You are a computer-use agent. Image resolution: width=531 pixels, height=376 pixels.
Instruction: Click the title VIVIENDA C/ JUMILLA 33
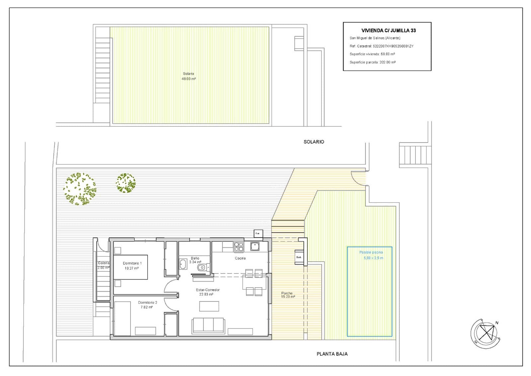(x=388, y=31)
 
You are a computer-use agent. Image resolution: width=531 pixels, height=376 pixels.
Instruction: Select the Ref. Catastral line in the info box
(x=381, y=46)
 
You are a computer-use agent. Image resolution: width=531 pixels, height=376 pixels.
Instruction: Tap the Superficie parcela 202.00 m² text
(x=372, y=62)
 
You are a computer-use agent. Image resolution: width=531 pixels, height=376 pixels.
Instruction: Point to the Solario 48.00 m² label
(x=189, y=76)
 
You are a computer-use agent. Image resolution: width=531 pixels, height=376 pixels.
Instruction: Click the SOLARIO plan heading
(x=314, y=142)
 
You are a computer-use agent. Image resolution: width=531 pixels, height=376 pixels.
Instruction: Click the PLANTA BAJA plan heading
(x=332, y=354)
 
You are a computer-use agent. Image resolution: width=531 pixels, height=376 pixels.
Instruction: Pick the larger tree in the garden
(x=80, y=189)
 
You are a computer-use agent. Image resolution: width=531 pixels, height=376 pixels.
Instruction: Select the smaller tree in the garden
(x=125, y=183)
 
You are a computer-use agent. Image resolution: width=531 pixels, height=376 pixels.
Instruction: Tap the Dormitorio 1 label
(x=132, y=263)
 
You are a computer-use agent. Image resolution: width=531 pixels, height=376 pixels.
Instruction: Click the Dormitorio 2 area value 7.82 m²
(x=146, y=308)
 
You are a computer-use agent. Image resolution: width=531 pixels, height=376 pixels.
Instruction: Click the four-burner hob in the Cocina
(x=239, y=247)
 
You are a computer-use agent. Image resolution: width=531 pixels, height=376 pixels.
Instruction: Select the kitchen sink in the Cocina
(x=255, y=246)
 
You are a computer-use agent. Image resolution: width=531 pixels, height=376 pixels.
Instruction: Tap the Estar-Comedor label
(x=208, y=290)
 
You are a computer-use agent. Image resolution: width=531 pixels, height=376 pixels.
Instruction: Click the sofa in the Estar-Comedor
(x=208, y=325)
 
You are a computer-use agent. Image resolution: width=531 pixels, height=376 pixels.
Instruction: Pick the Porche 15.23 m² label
(x=287, y=295)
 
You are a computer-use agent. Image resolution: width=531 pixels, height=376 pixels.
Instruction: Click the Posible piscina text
(x=371, y=252)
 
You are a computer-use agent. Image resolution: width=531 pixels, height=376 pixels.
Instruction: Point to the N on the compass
(x=497, y=323)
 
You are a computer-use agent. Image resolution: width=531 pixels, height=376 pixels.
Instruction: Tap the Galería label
(x=104, y=263)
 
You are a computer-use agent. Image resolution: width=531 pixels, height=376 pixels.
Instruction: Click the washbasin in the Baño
(x=183, y=264)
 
